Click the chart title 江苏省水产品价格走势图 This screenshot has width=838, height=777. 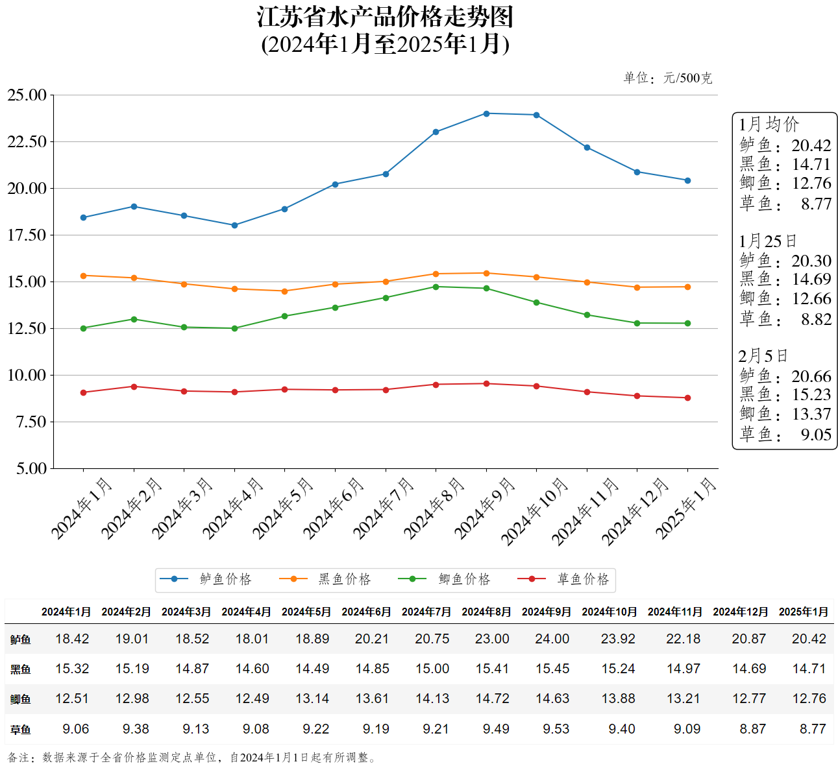pos(385,17)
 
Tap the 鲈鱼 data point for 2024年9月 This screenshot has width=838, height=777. pos(486,114)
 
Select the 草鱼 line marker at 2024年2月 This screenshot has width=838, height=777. pos(134,387)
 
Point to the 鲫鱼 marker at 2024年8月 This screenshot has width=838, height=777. pos(436,287)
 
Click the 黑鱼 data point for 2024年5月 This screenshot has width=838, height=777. pos(284,291)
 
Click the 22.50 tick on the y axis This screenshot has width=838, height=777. pos(27,142)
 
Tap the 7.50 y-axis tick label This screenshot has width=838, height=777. pos(31,422)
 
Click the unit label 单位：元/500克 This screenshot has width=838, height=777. pos(667,78)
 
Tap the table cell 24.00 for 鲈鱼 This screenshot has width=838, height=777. pos(552,639)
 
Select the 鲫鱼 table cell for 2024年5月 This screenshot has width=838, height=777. pos(312,699)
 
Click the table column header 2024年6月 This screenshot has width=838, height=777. pos(366,612)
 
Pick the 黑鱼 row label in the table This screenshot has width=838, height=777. pos(20,669)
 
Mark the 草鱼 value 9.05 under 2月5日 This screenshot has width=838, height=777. pos(815,435)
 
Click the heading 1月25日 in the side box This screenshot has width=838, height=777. pos(767,241)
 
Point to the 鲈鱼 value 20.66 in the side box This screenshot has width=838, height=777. pos(811,376)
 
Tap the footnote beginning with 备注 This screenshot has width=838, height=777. pos(192,757)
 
